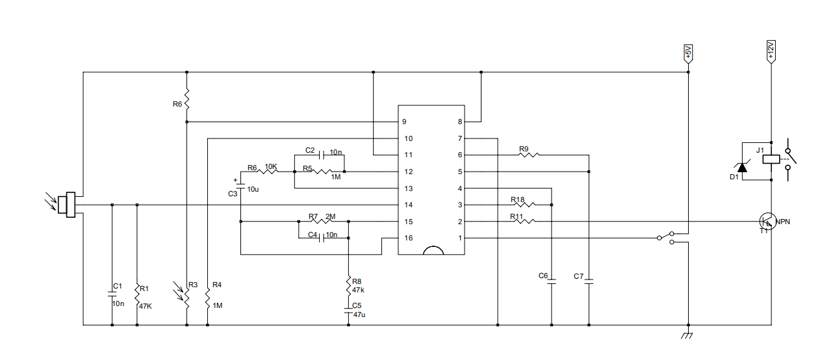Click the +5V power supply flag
coord(688,53)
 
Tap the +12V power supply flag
coord(771,51)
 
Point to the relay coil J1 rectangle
coord(771,157)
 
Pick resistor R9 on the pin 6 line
coord(528,155)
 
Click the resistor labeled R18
coord(524,205)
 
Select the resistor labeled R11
coord(524,222)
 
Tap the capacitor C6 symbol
coord(551,283)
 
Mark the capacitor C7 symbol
coord(589,283)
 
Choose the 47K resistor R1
coord(137,293)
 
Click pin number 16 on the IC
coord(408,238)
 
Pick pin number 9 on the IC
coord(404,122)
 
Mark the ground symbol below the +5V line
coord(688,335)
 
